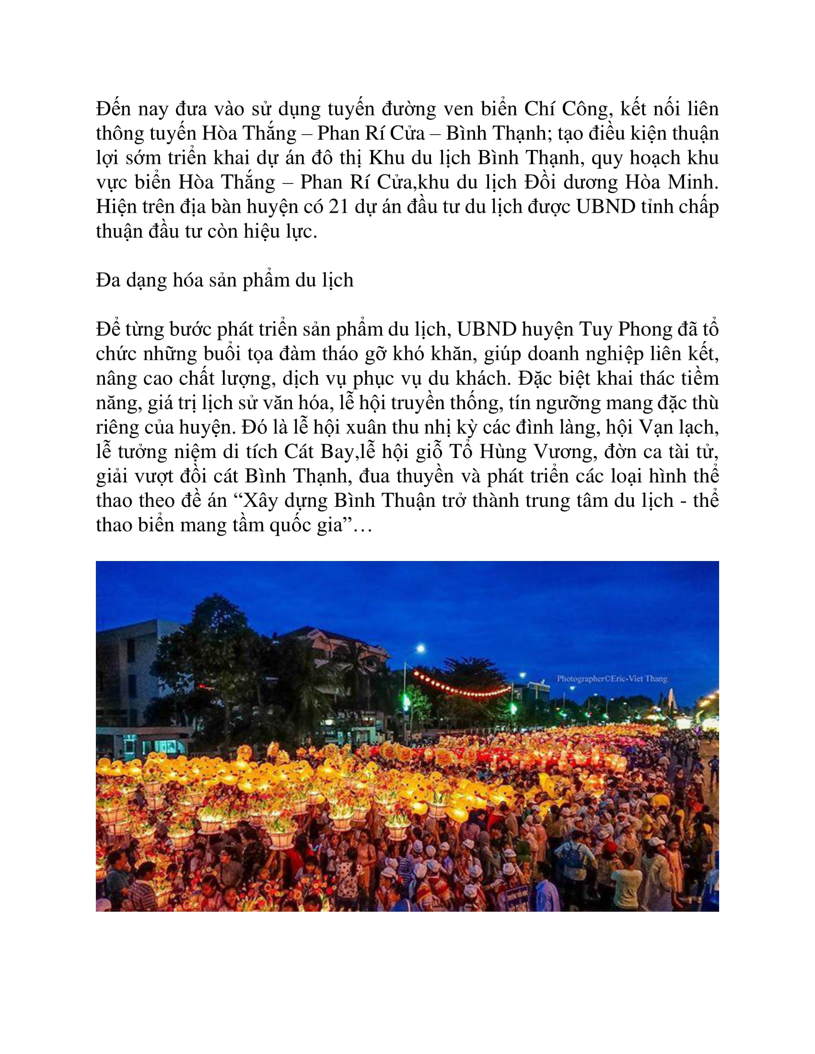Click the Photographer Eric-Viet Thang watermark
(x=612, y=679)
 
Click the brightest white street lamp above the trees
(x=420, y=648)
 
